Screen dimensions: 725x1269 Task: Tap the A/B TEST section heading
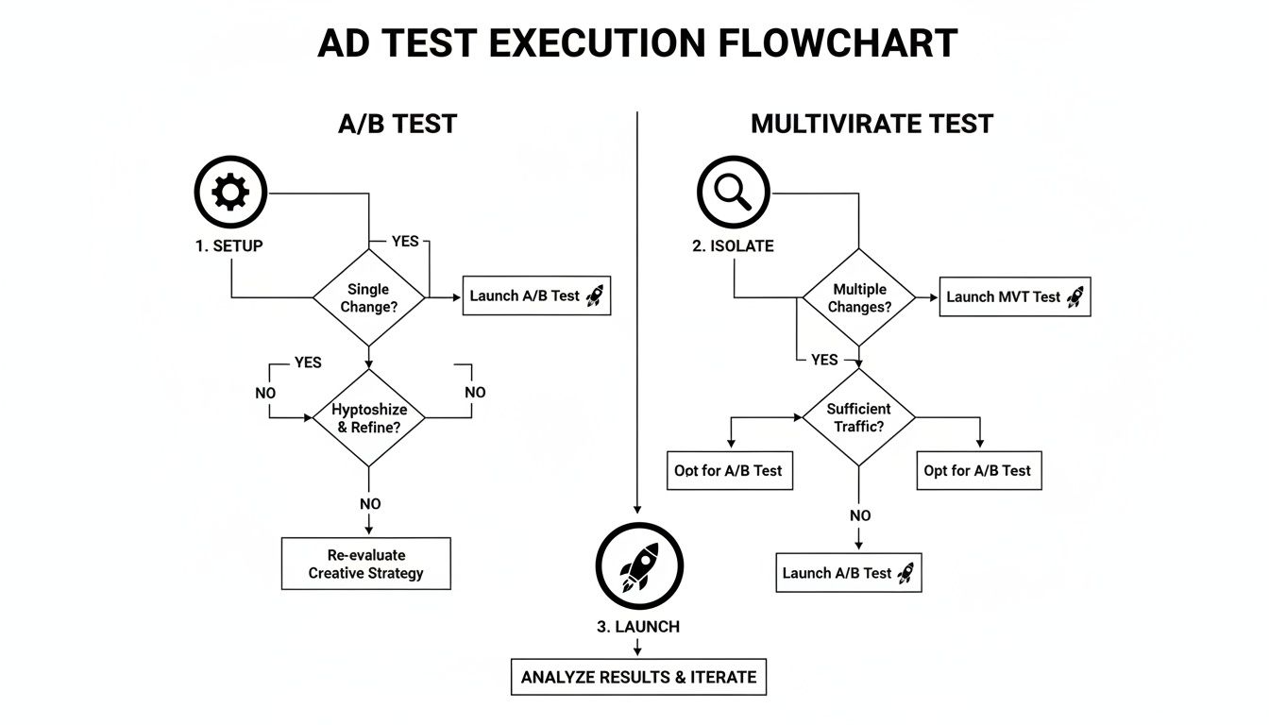coord(398,124)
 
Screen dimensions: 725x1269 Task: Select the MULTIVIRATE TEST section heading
coord(871,124)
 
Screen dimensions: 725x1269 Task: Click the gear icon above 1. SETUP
coord(231,194)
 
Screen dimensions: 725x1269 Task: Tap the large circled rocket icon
coord(639,567)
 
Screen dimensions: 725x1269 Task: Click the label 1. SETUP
coord(229,245)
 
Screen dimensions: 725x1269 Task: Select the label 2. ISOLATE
coord(733,245)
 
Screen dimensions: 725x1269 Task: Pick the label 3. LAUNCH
coord(638,626)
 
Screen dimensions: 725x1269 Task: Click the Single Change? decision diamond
coord(368,297)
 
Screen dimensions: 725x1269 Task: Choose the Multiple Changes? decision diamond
coord(859,297)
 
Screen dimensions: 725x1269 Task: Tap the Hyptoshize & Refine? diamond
coord(368,417)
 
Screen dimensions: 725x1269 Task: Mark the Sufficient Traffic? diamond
coord(858,417)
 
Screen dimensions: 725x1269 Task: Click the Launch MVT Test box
coord(1015,296)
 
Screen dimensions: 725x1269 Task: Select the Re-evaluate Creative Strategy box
coord(366,564)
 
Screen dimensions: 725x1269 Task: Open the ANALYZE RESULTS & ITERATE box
coord(638,677)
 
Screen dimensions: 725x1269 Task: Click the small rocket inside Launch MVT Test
coord(1074,296)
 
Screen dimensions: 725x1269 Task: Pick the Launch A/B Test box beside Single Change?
coord(536,295)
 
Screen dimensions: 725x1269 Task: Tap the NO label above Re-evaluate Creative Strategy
coord(369,504)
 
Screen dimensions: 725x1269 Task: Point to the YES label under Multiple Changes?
coord(824,360)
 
